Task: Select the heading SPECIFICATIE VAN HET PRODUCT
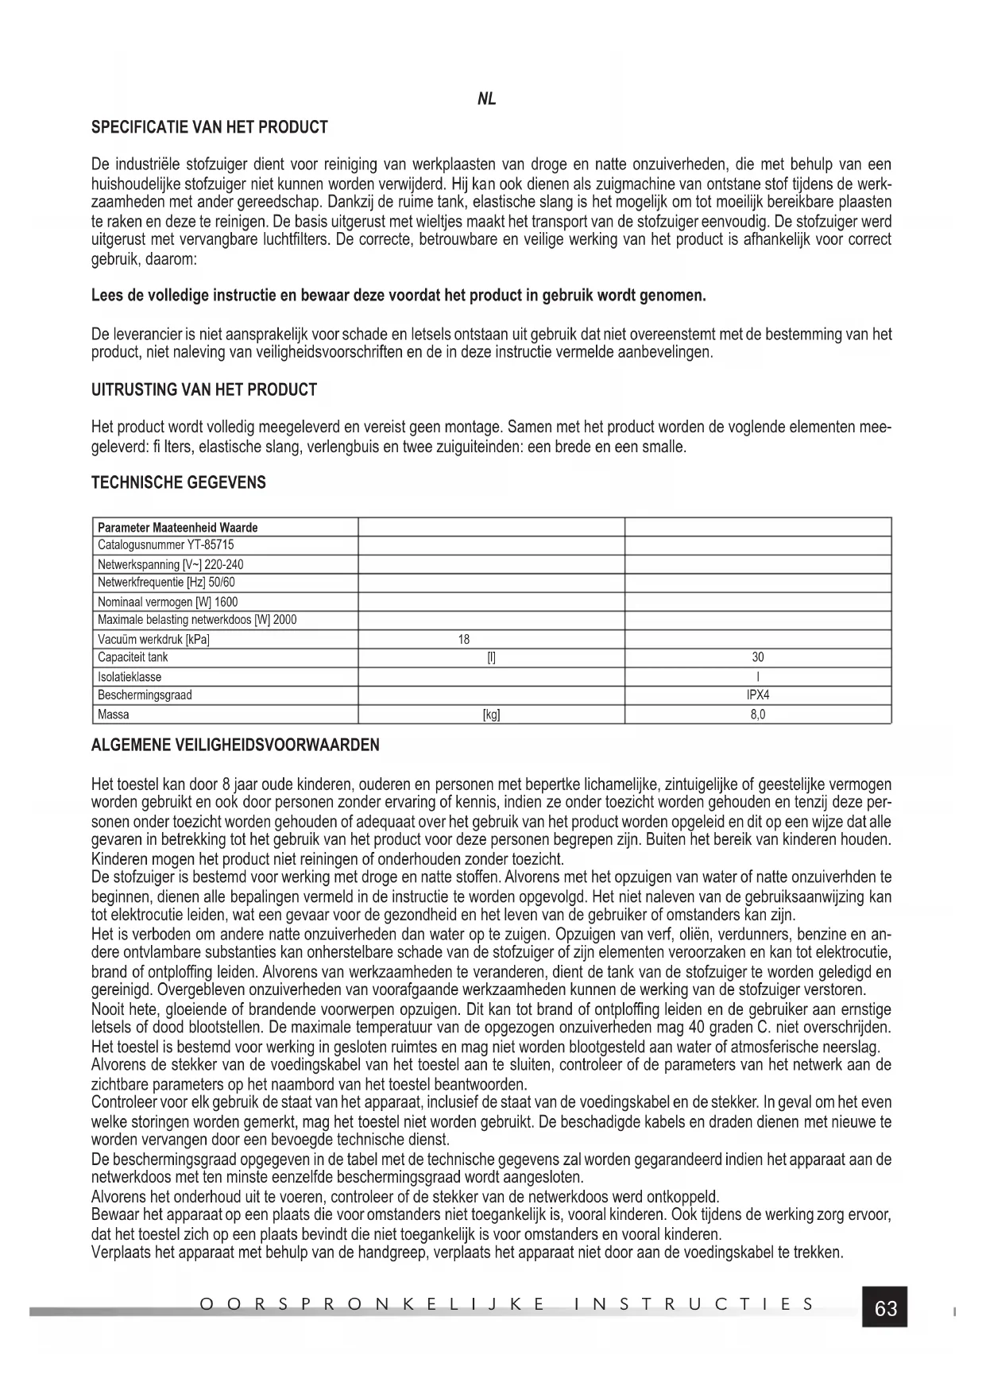[x=210, y=127]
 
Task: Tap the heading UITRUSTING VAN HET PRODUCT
[x=204, y=390]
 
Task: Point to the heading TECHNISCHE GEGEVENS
[x=179, y=482]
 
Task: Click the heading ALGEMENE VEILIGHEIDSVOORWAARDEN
[x=235, y=745]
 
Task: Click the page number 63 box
[x=885, y=1307]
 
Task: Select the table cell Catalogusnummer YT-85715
[x=166, y=545]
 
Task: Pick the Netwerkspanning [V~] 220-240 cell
[x=171, y=564]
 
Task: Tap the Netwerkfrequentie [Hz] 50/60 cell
[x=166, y=583]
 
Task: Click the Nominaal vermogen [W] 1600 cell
[x=168, y=602]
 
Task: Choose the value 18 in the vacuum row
[x=464, y=639]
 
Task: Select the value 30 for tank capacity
[x=758, y=657]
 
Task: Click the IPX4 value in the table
[x=758, y=695]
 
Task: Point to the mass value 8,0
[x=758, y=714]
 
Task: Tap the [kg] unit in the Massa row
[x=492, y=714]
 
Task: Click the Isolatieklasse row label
[x=130, y=677]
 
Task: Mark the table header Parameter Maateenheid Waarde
[x=178, y=527]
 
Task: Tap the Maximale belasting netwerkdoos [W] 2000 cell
[x=197, y=620]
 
